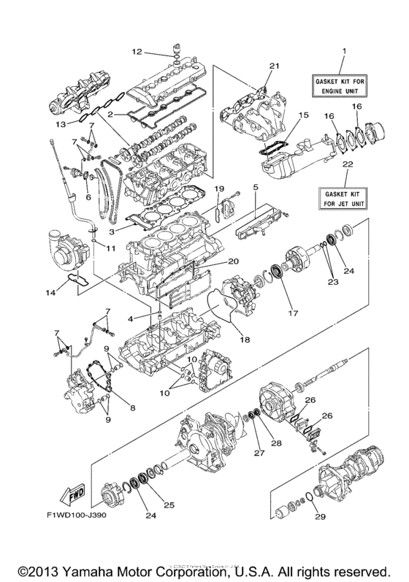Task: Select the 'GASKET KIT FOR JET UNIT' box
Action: (340, 195)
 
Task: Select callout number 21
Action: (274, 66)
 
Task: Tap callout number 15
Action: (304, 115)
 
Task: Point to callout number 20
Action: (233, 261)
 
